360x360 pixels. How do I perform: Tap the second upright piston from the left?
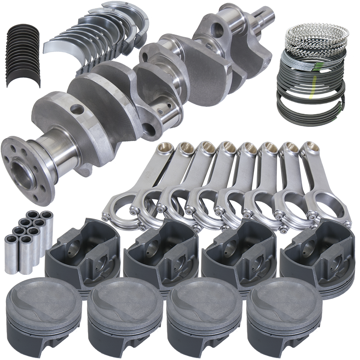125,310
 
